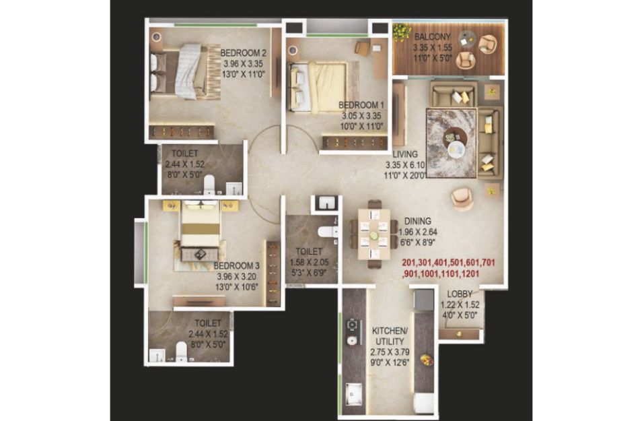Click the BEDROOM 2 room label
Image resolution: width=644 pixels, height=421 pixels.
[243, 53]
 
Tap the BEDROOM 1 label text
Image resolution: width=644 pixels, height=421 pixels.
[361, 105]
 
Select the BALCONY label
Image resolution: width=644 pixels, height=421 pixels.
[433, 36]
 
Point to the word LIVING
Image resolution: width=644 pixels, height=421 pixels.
[405, 154]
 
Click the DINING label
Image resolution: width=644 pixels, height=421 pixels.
[418, 221]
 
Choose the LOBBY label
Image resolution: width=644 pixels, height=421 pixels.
[460, 294]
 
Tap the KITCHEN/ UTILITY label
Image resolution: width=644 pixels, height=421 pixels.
[390, 336]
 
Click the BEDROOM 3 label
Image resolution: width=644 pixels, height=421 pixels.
[237, 266]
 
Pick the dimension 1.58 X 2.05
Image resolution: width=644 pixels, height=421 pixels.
[309, 262]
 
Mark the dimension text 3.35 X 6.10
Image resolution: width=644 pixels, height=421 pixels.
[405, 165]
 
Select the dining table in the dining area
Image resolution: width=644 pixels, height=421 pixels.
[373, 234]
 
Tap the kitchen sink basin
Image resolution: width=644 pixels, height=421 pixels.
[353, 394]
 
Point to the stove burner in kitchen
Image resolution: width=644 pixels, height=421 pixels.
[352, 325]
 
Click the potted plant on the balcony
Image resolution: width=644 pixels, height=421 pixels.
[402, 31]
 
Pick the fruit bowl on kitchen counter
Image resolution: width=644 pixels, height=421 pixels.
[427, 360]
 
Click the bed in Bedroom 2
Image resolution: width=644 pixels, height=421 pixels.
[185, 71]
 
